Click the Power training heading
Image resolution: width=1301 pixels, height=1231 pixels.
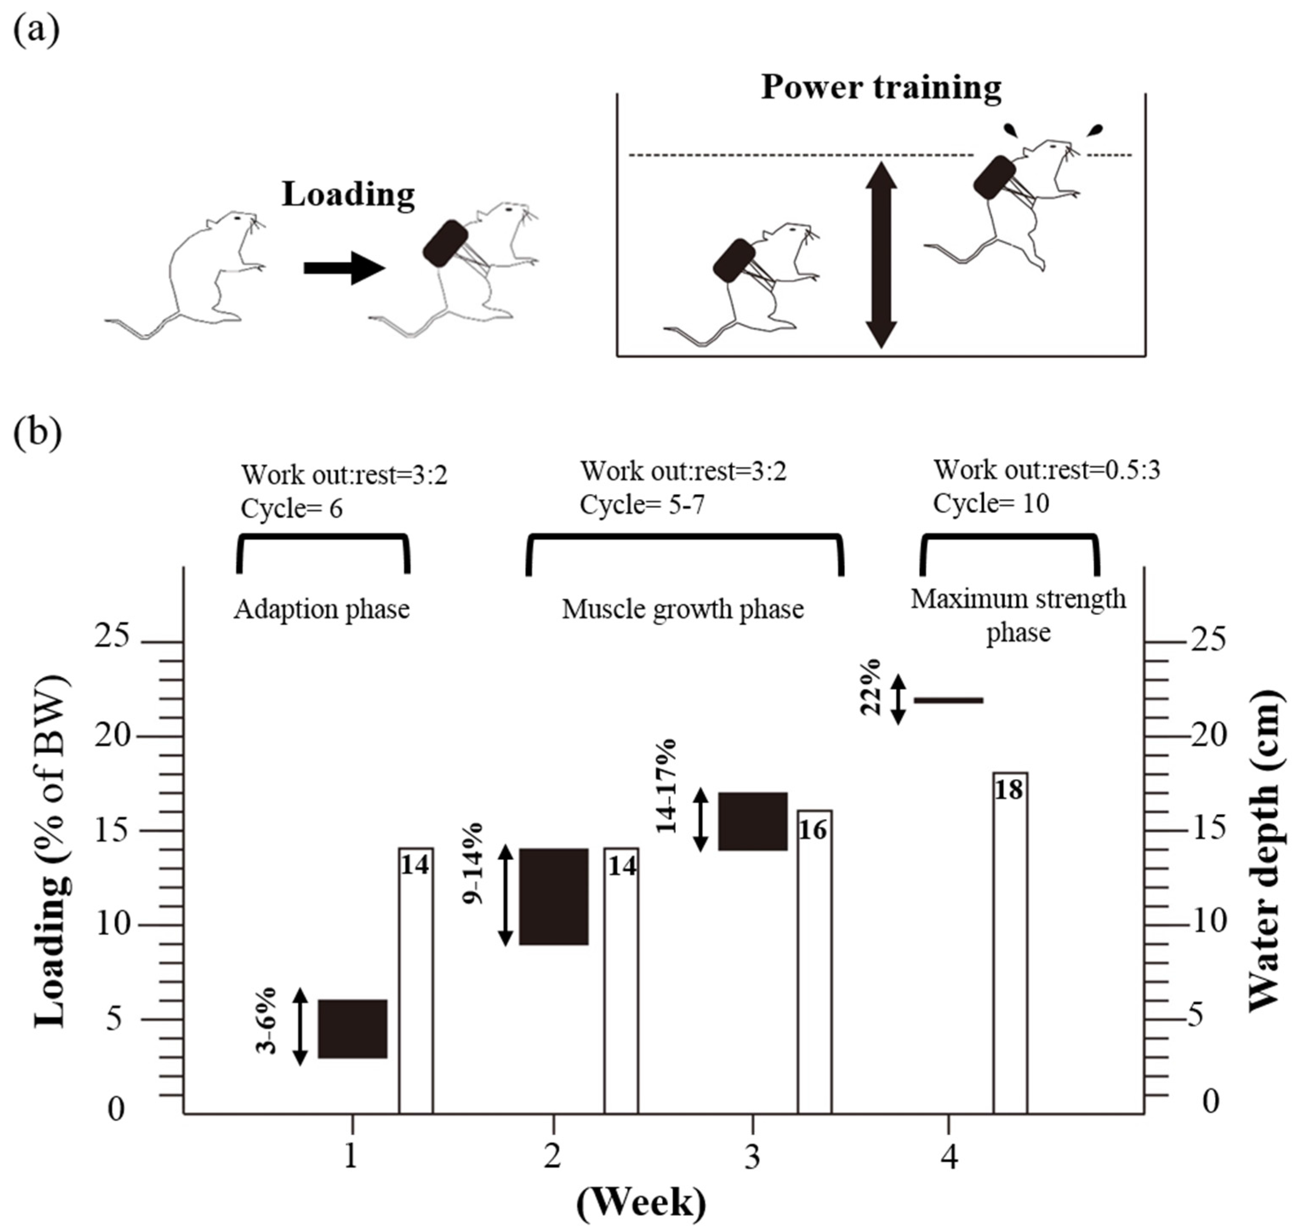[x=881, y=87]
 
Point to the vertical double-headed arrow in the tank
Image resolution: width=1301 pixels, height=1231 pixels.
[x=881, y=255]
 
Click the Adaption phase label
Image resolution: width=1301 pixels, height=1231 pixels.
[x=321, y=610]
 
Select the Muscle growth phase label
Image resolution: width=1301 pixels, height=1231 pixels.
[x=683, y=610]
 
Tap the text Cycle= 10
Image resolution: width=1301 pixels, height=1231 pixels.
[x=991, y=503]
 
